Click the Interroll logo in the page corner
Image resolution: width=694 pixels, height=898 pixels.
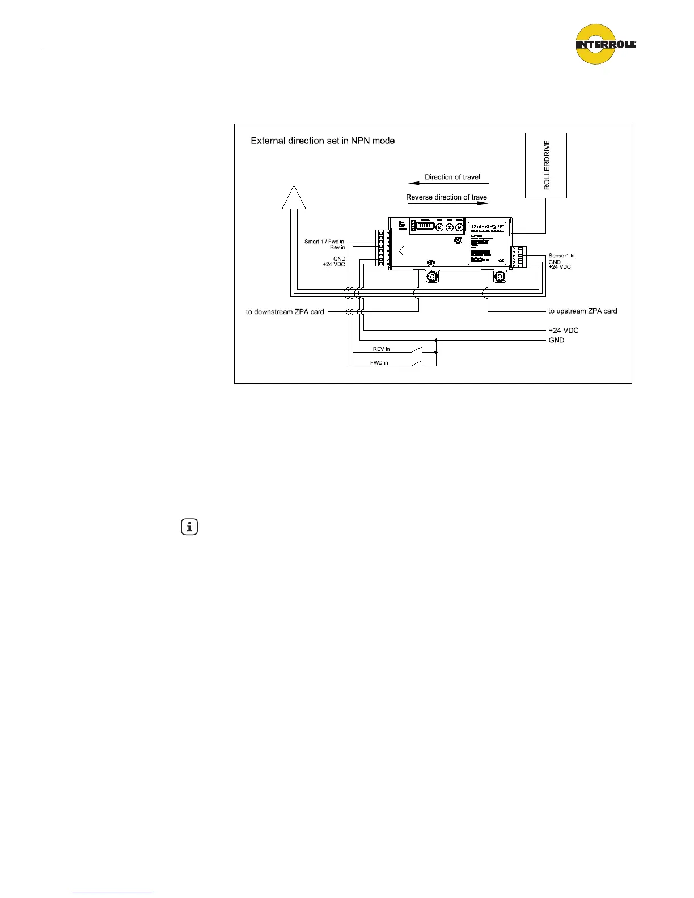pos(605,44)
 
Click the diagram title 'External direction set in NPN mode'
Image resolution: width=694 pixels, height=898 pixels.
pos(323,141)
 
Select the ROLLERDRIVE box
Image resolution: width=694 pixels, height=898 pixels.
pos(546,166)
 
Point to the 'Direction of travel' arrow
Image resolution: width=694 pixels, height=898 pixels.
pos(448,183)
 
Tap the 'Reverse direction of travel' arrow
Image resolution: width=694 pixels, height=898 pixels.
pos(448,203)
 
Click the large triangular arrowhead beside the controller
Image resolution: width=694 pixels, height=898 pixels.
pos(294,197)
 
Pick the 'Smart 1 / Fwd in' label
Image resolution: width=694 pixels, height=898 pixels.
pos(324,242)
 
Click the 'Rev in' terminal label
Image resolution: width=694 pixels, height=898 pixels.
pos(337,247)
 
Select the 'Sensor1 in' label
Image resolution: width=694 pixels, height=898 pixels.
pos(561,256)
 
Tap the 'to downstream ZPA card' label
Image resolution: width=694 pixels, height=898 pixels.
pos(285,312)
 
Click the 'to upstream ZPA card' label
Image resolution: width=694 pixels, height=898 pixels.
pos(582,311)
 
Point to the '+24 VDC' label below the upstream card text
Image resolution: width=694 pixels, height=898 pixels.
pos(563,330)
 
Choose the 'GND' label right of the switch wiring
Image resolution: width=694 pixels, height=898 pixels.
pos(556,340)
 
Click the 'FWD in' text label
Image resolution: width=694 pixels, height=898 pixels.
pos(379,362)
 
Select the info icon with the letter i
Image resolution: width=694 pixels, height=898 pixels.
pos(189,527)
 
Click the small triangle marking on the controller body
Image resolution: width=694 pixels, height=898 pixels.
pos(401,250)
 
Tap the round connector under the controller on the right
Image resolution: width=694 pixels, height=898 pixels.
pos(500,277)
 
